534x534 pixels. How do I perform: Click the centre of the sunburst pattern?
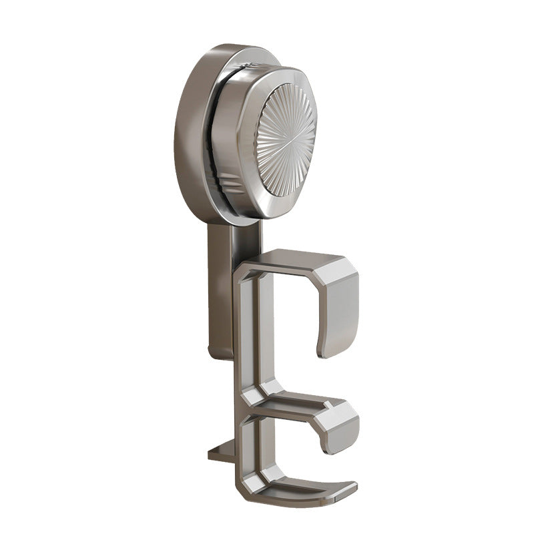[287, 140]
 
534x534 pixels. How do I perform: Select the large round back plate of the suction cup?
[190, 133]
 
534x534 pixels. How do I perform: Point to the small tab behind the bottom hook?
[220, 454]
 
